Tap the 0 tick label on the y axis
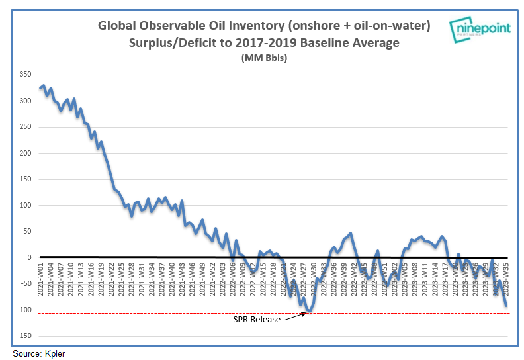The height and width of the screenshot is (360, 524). click(28, 257)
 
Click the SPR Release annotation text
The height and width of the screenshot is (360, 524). click(257, 319)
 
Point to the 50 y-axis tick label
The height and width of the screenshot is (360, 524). click(26, 232)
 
